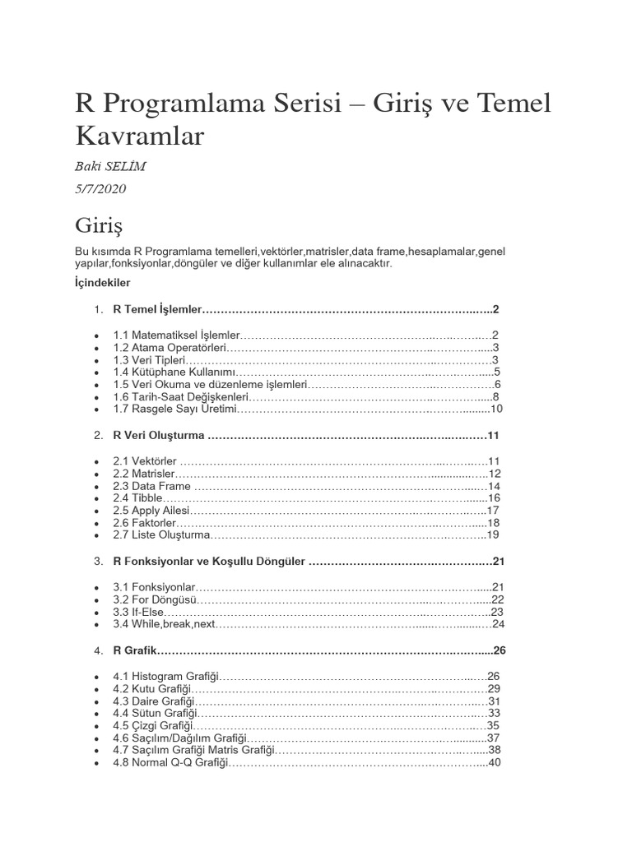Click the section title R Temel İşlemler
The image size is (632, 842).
click(156, 310)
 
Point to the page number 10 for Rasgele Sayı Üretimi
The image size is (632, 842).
click(495, 409)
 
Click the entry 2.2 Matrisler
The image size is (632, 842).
click(144, 474)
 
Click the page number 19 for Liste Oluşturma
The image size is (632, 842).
click(494, 535)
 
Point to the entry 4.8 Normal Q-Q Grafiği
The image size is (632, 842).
click(169, 762)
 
